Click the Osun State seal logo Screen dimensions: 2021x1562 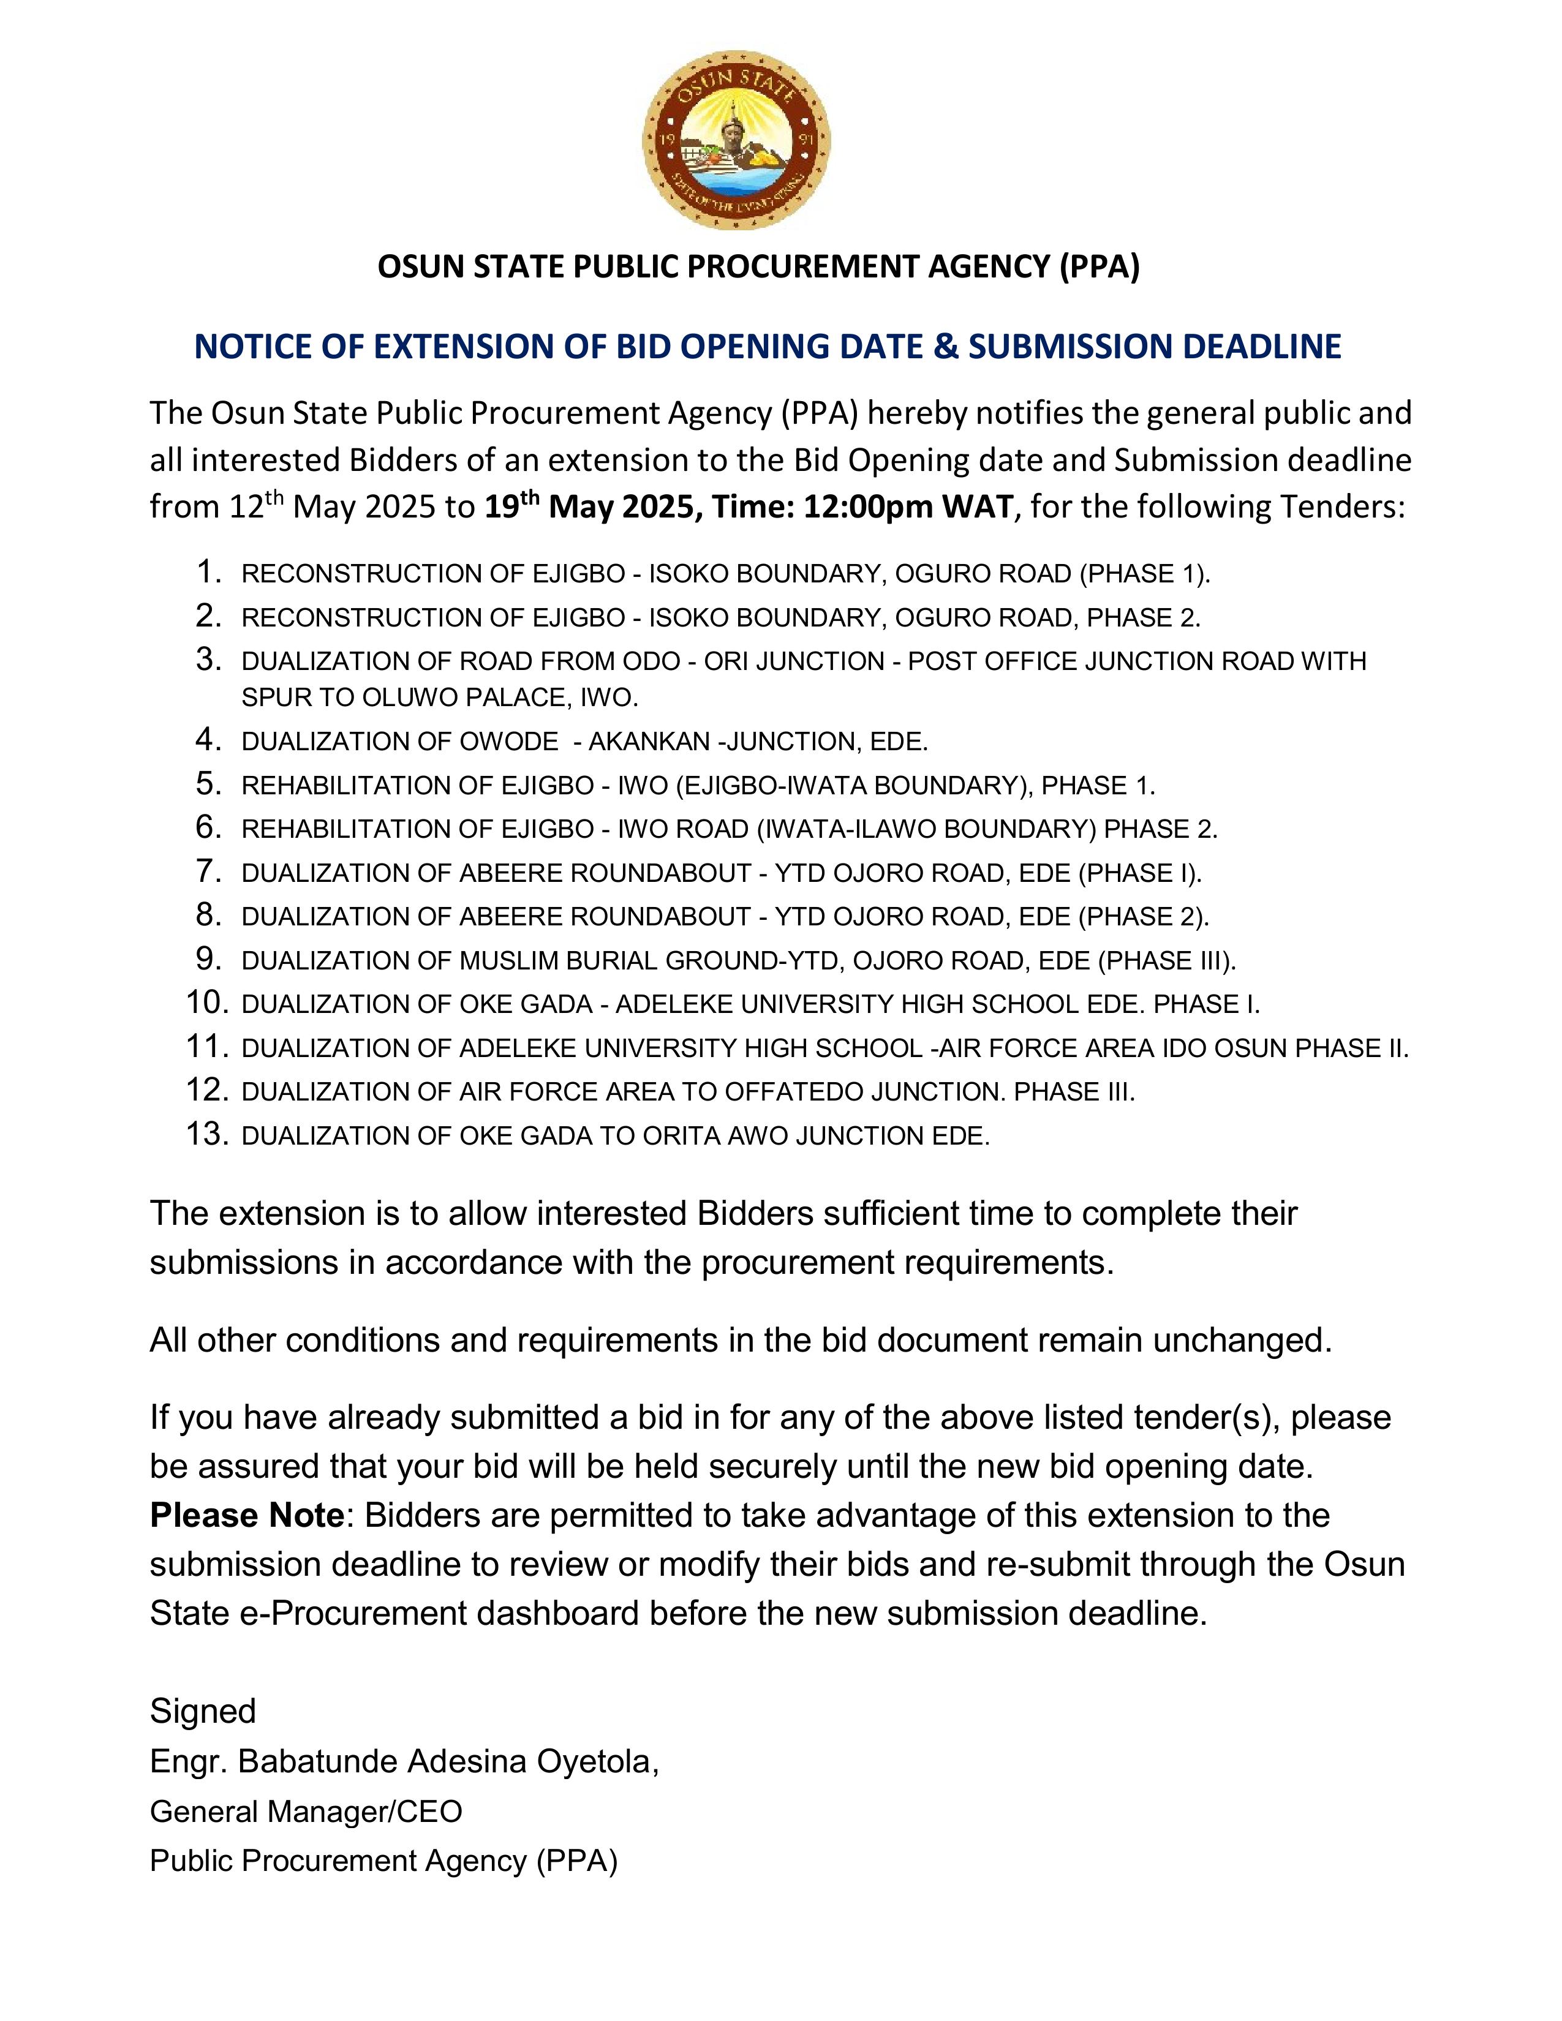(736, 141)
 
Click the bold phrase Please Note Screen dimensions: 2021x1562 (247, 1516)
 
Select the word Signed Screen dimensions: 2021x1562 (203, 1712)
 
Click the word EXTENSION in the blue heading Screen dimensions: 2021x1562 (483, 346)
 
